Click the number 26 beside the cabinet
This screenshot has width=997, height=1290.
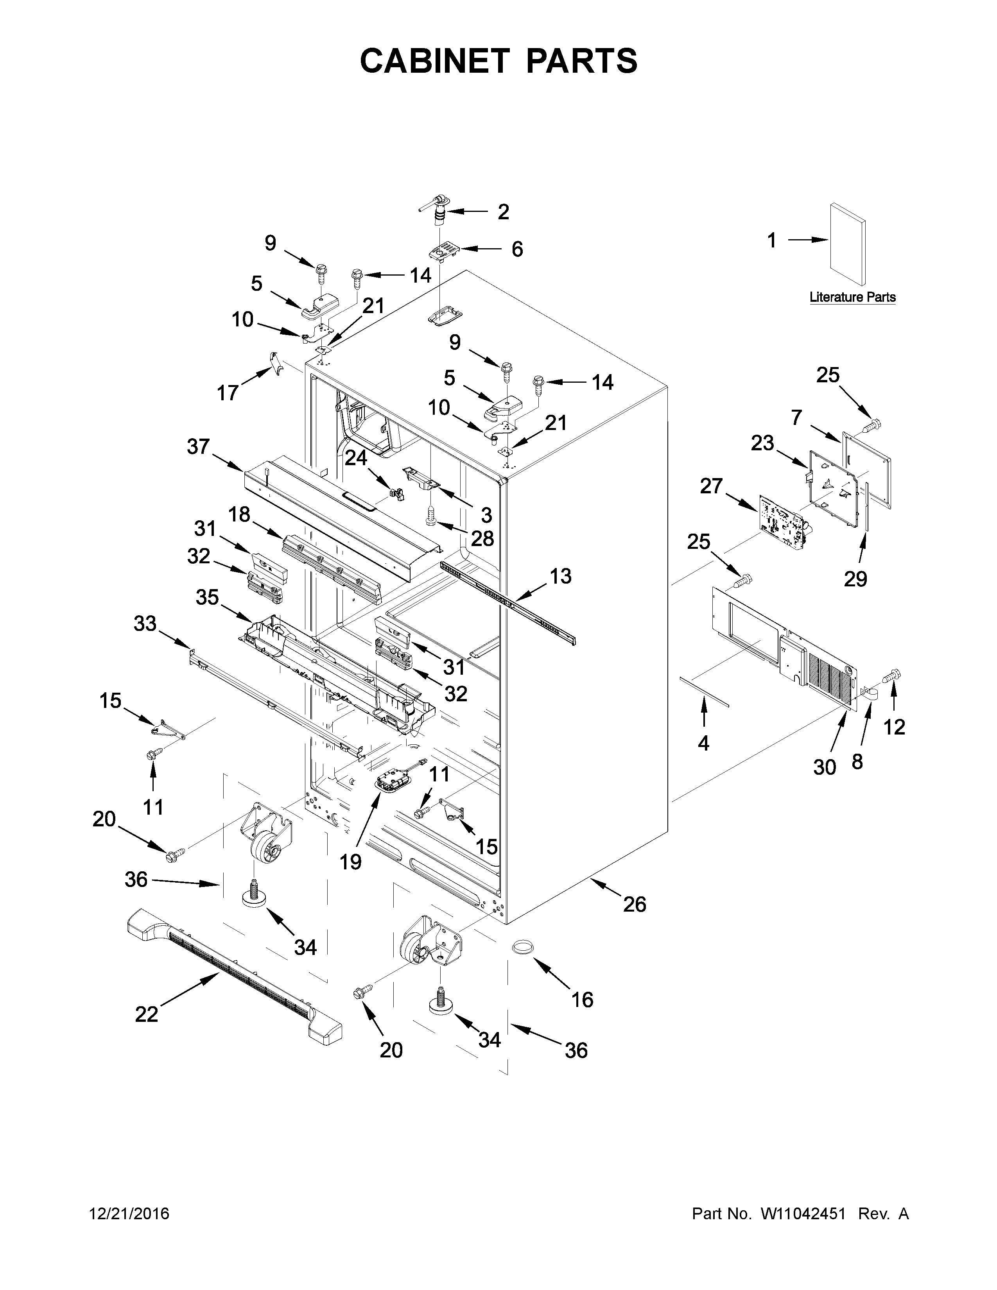[634, 904]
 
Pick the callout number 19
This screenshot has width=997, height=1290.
[350, 862]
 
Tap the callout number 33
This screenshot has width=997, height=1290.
[145, 623]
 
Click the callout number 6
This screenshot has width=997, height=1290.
[517, 249]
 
